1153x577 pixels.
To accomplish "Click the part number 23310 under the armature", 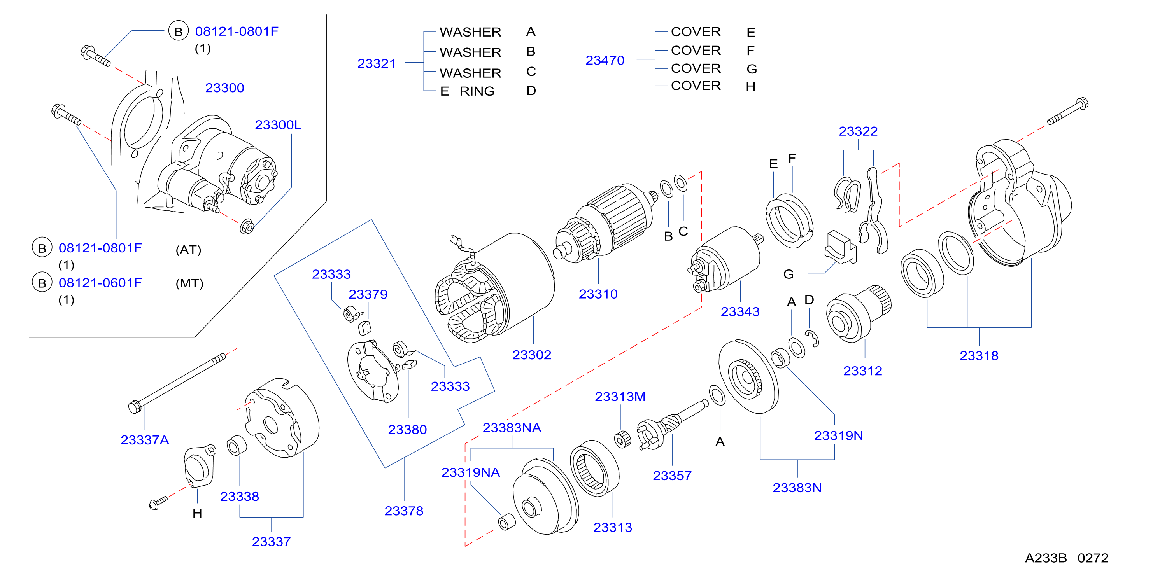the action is pyautogui.click(x=598, y=294).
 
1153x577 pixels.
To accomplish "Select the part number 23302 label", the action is pyautogui.click(x=532, y=355).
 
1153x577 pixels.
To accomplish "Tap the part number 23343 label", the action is pyautogui.click(x=740, y=312).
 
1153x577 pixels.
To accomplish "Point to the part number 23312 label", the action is pyautogui.click(x=862, y=371).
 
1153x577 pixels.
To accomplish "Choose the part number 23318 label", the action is pyautogui.click(x=979, y=356).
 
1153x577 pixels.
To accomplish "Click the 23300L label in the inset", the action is pyautogui.click(x=278, y=125).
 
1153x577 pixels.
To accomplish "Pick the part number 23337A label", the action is pyautogui.click(x=145, y=440).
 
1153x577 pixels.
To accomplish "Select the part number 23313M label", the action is pyautogui.click(x=620, y=397).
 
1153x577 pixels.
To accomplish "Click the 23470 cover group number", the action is pyautogui.click(x=605, y=60).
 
